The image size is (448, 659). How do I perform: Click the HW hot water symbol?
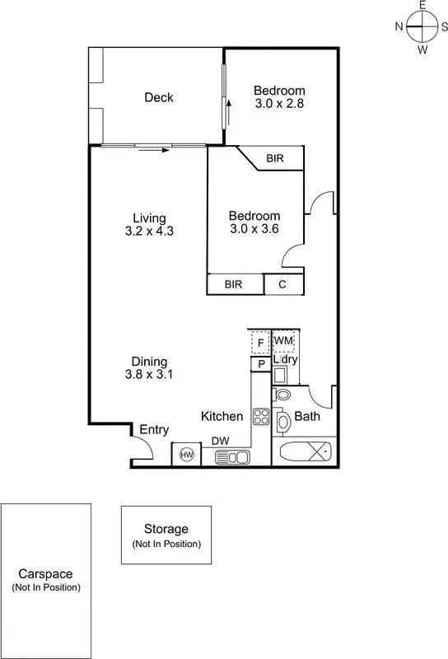click(186, 454)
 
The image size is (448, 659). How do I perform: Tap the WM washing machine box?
click(283, 341)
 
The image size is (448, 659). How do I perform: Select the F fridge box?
click(260, 342)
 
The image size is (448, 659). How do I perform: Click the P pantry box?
click(260, 363)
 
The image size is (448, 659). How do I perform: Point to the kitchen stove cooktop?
click(261, 416)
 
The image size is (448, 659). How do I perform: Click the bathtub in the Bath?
click(305, 451)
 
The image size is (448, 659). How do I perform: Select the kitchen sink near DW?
click(233, 456)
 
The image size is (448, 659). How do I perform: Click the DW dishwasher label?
click(221, 442)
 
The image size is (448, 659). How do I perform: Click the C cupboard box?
click(283, 284)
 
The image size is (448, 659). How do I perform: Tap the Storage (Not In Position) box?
click(166, 535)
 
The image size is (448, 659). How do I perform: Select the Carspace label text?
click(45, 574)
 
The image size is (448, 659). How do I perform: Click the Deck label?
click(159, 97)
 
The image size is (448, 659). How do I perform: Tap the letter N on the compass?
click(399, 26)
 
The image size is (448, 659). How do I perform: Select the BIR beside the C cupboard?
click(234, 284)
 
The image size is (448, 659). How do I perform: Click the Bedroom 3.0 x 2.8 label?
click(279, 97)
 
